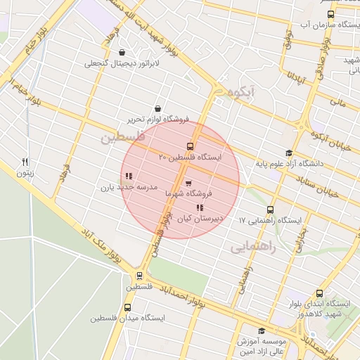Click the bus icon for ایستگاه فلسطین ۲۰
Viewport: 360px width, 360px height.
point(189,146)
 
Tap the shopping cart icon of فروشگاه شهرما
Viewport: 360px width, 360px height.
point(188,184)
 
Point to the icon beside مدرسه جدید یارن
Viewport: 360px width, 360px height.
point(127,176)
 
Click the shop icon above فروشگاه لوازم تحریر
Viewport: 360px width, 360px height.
point(156,109)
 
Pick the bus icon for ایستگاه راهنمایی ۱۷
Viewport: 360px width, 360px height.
point(270,210)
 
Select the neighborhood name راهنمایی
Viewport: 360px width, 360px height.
point(253,247)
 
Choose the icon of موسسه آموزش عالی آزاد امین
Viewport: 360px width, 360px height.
point(262,331)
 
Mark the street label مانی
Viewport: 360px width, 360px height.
point(338,103)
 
